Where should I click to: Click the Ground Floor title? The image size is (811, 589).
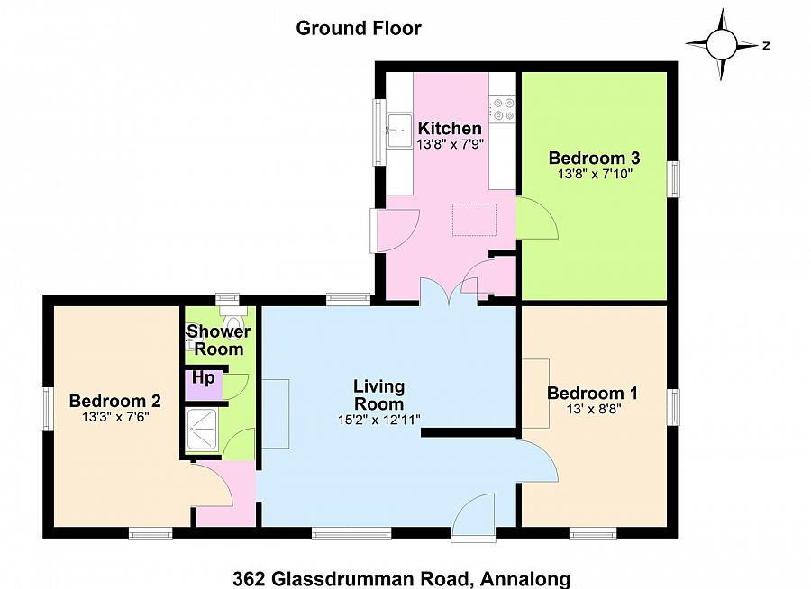click(x=359, y=28)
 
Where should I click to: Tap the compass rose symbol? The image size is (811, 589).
click(x=722, y=43)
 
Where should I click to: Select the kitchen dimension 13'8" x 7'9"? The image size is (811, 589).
click(x=450, y=143)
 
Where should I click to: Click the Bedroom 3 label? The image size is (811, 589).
click(x=594, y=158)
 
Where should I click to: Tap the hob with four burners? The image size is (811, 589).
click(x=502, y=110)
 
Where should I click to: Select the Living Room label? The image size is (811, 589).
click(x=378, y=394)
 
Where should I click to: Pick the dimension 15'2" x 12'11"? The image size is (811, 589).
click(x=378, y=420)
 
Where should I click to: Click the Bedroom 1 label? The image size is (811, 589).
click(x=592, y=393)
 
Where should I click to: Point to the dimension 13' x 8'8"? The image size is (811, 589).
click(x=592, y=409)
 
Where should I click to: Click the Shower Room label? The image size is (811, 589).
click(x=219, y=340)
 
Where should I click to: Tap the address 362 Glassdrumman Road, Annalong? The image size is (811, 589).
click(x=402, y=577)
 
